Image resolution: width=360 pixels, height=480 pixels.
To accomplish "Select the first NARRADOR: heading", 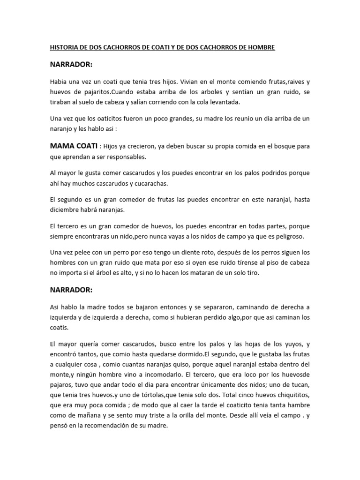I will coord(71,64).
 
